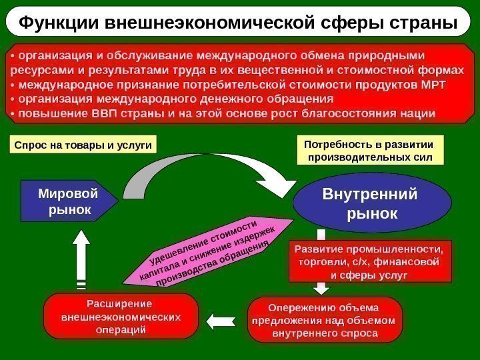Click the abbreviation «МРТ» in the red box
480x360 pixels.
pyautogui.click(x=431, y=85)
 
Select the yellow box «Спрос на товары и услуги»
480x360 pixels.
pyautogui.click(x=83, y=144)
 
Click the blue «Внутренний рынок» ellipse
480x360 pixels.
pyautogui.click(x=369, y=205)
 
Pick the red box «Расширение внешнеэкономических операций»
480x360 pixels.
pyautogui.click(x=121, y=317)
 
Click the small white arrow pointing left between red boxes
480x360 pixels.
pyautogui.click(x=218, y=321)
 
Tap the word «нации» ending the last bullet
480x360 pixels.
pyautogui.click(x=419, y=113)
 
